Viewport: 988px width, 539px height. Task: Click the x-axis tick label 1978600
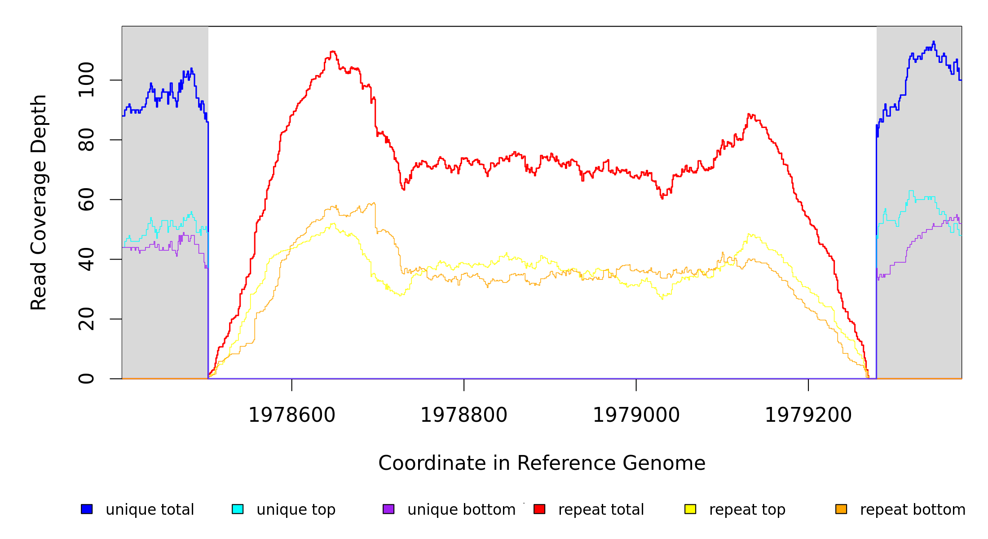point(291,415)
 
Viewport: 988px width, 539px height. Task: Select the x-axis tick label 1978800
point(463,415)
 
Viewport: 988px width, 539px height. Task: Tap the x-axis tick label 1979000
point(636,415)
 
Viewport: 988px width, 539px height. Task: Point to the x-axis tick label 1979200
point(808,415)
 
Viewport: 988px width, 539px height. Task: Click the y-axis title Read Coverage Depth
point(39,202)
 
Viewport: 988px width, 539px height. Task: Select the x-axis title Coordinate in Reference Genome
point(542,463)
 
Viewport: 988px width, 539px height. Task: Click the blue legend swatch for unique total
point(87,509)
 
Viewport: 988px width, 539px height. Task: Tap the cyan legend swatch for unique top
point(238,509)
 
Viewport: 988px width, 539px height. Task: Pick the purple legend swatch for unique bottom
point(388,509)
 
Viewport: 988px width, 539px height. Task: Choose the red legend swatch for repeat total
point(539,509)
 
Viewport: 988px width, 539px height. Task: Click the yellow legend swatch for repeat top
point(690,509)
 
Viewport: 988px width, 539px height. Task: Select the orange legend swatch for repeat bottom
point(841,509)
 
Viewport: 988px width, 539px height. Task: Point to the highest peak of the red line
point(332,52)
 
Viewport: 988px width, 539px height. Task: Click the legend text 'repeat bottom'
point(913,510)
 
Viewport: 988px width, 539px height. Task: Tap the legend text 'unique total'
point(150,510)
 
